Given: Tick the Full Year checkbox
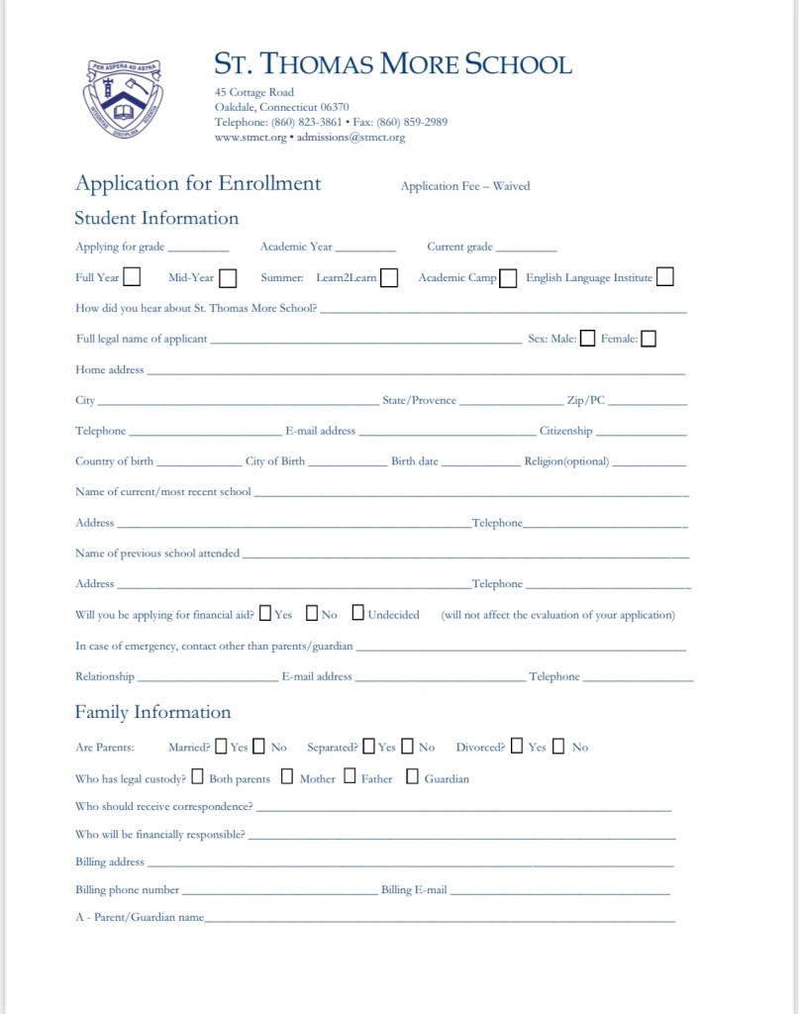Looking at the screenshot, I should pyautogui.click(x=131, y=277).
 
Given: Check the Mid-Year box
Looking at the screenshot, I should pyautogui.click(x=228, y=278).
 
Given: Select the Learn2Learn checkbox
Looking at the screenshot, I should pyautogui.click(x=389, y=278).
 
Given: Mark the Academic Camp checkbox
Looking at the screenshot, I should pyautogui.click(x=508, y=278).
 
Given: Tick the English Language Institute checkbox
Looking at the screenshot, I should pyautogui.click(x=665, y=277).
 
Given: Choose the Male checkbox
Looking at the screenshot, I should pyautogui.click(x=588, y=339).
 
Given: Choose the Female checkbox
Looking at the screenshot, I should pyautogui.click(x=649, y=339).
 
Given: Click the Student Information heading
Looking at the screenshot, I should pyautogui.click(x=156, y=218).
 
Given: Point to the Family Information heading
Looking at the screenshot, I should pyautogui.click(x=152, y=712).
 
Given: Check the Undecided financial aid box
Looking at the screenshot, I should pyautogui.click(x=357, y=613).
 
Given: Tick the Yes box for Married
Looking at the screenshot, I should pyautogui.click(x=221, y=746).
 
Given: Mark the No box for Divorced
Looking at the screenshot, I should pyautogui.click(x=559, y=746).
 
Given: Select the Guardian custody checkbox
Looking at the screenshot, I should pyautogui.click(x=412, y=776).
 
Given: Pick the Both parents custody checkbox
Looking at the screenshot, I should pyautogui.click(x=198, y=776).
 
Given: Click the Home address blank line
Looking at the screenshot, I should pyautogui.click(x=416, y=372).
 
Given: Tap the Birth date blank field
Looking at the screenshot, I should pyautogui.click(x=480, y=463).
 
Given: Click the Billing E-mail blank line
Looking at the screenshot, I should pyautogui.click(x=560, y=892).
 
